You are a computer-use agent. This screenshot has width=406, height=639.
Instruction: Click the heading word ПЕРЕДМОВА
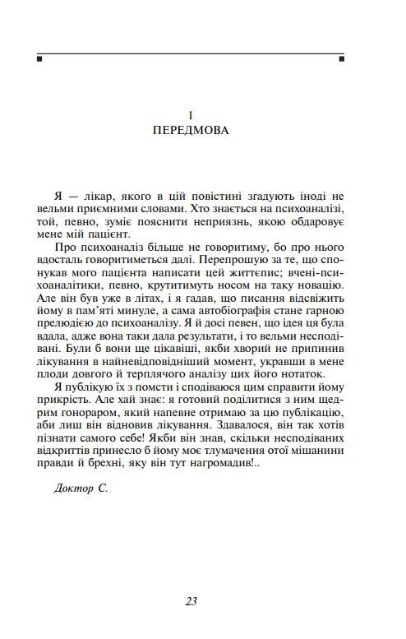point(191,131)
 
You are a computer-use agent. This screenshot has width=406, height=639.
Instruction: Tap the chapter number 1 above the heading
point(191,114)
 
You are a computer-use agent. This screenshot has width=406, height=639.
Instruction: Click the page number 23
point(191,600)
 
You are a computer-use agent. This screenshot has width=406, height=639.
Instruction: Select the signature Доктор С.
point(81,488)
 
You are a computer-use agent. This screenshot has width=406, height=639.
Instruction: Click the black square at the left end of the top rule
point(39,59)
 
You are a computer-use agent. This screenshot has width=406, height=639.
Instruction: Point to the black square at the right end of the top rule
point(342,59)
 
